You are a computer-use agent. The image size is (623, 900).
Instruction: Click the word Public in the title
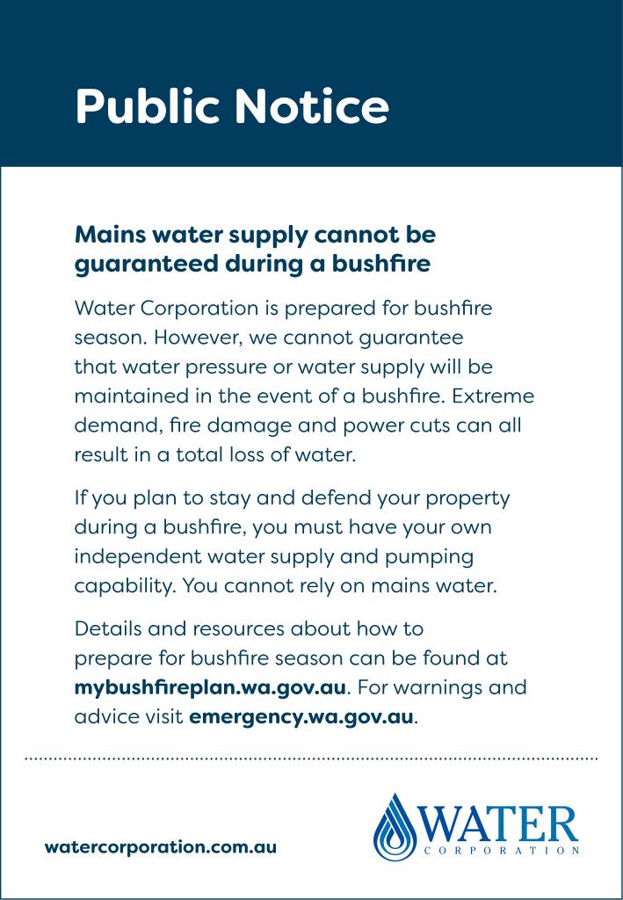(149, 107)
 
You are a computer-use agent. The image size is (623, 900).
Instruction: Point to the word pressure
(218, 366)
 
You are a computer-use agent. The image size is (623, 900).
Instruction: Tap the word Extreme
(494, 395)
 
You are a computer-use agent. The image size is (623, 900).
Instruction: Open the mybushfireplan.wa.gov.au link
(212, 686)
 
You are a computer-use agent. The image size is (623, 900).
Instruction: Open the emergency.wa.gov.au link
(301, 715)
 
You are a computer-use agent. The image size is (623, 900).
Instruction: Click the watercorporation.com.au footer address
(161, 846)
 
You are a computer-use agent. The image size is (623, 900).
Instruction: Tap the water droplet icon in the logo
(395, 827)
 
